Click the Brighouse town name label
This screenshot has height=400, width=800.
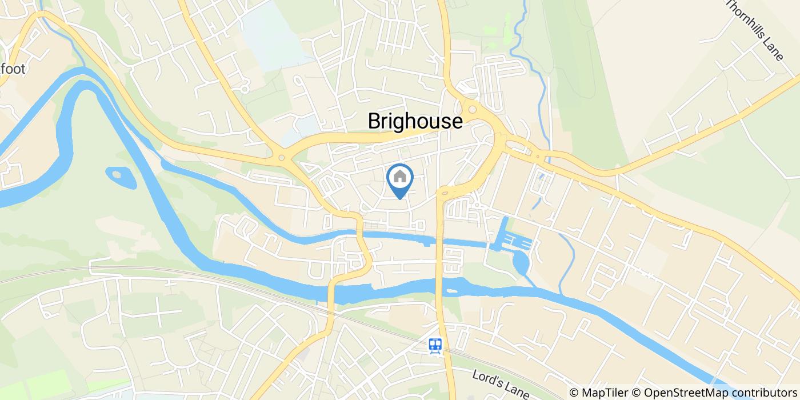[415, 121]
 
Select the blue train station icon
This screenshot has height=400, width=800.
[436, 345]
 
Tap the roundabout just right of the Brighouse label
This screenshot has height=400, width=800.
[473, 109]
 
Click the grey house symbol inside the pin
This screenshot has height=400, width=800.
[400, 177]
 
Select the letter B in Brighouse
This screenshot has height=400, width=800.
[374, 121]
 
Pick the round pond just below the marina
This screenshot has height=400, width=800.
[522, 263]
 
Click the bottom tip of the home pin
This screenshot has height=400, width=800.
[400, 199]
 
